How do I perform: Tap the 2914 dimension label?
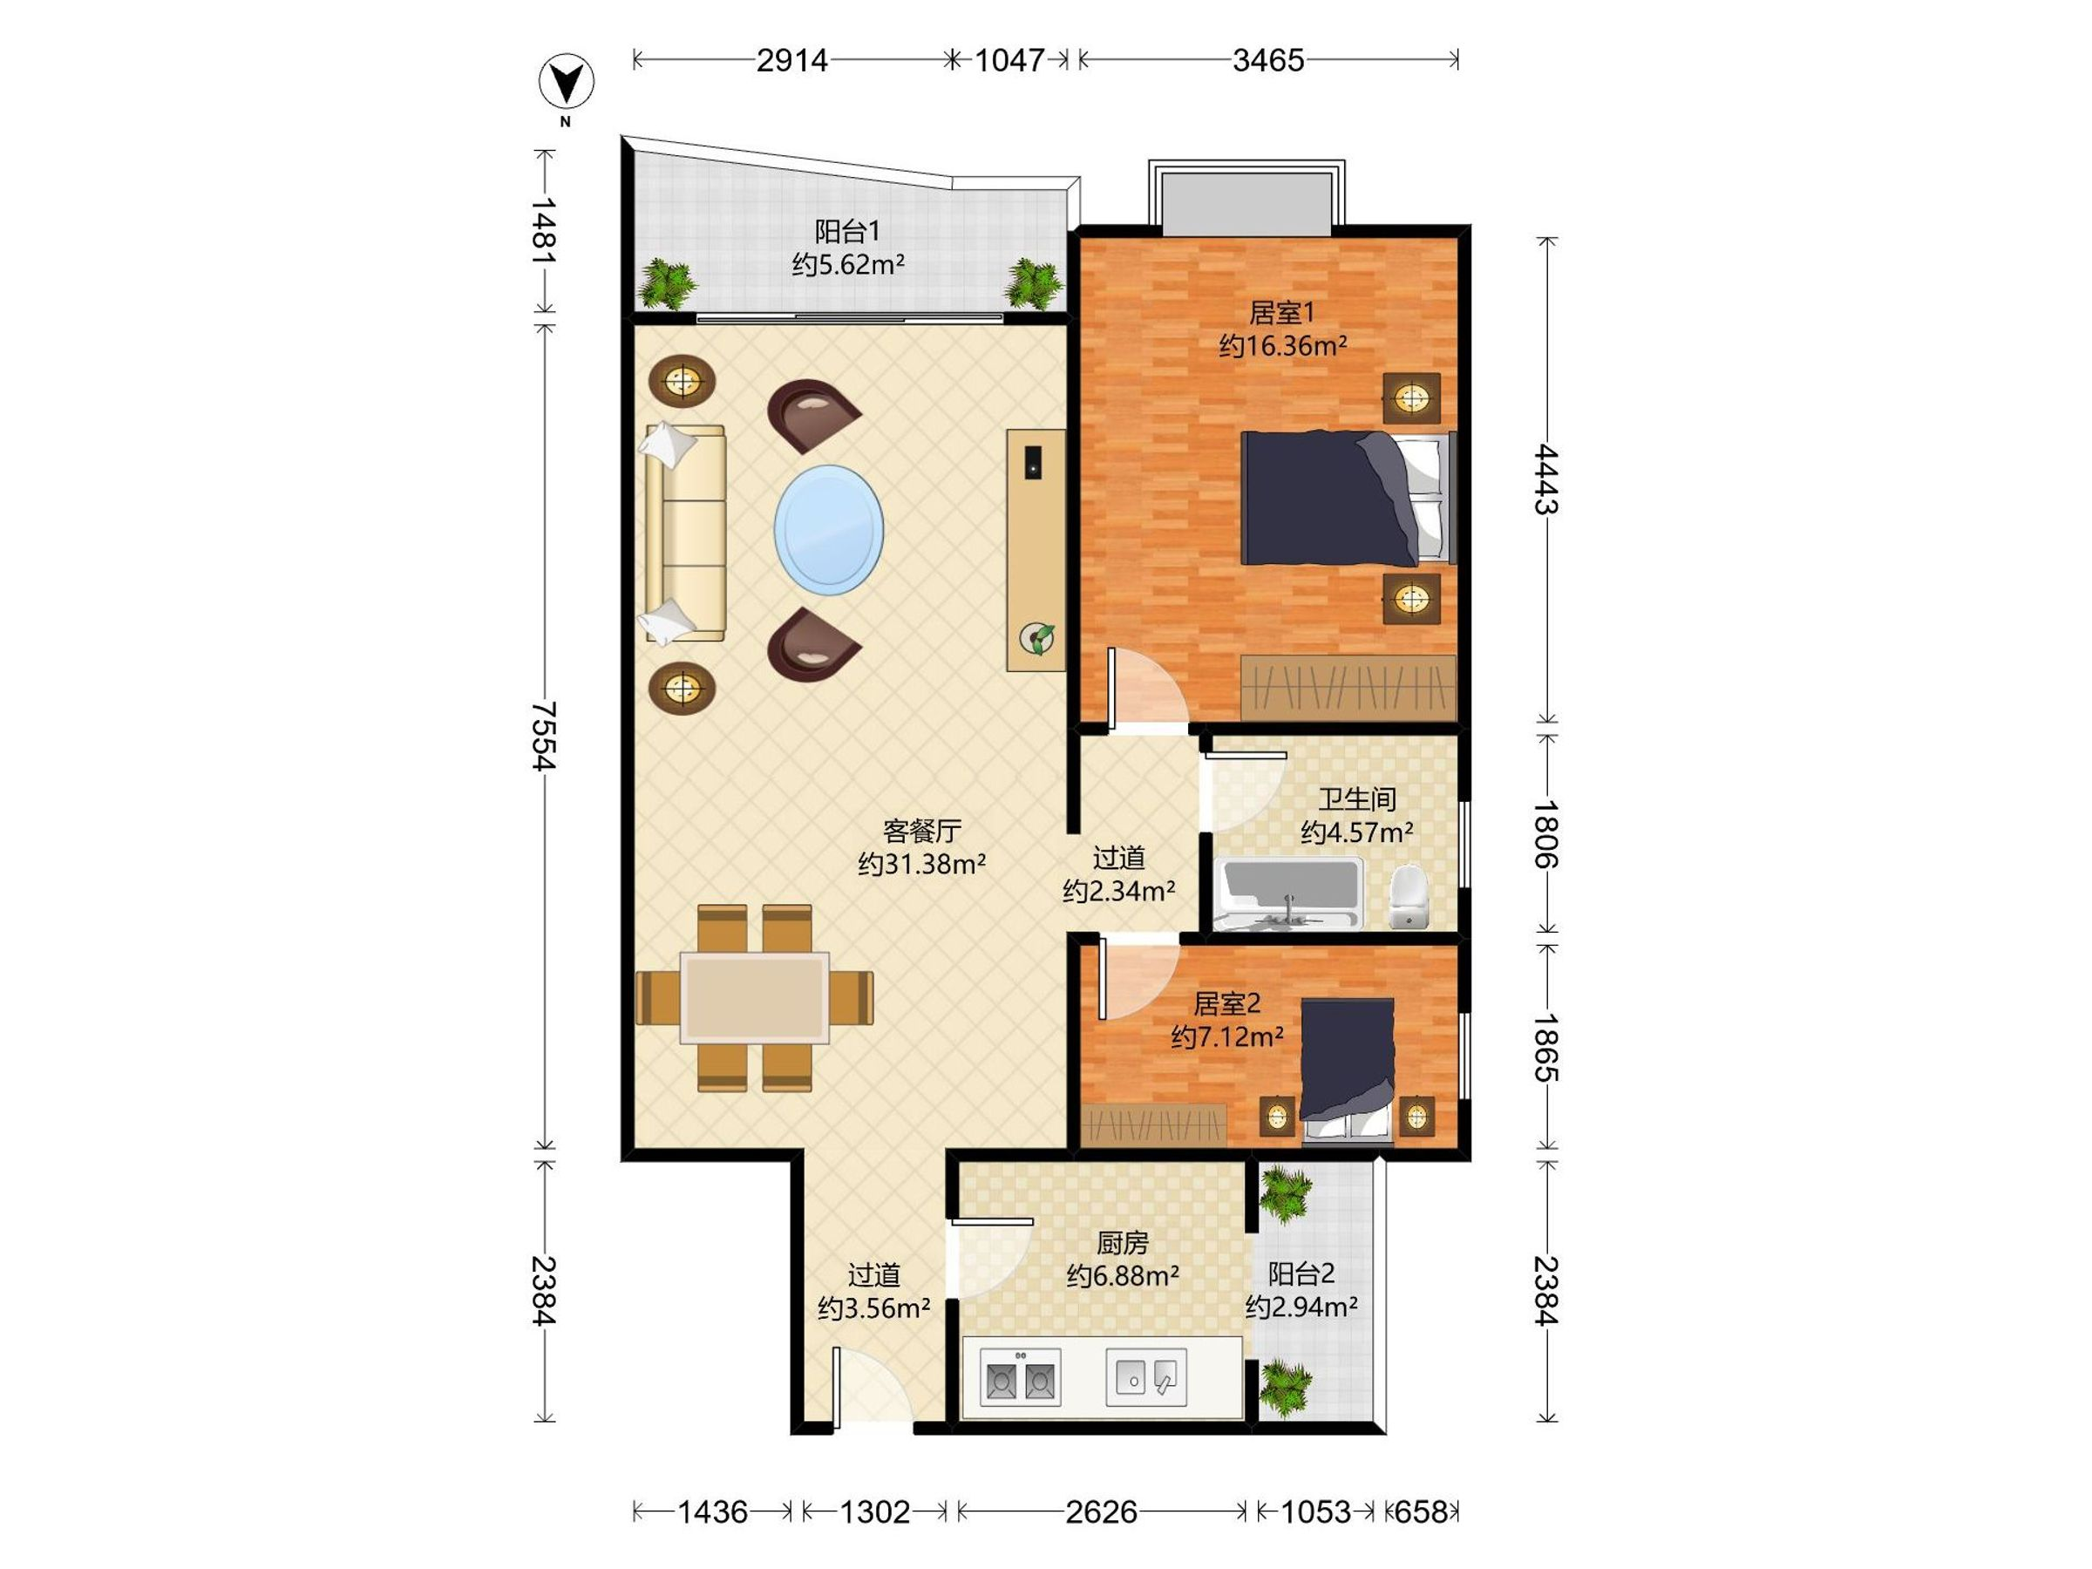[791, 60]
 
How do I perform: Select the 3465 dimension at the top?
[1268, 60]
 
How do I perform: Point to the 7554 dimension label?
[544, 736]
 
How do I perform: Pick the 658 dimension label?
[1422, 1512]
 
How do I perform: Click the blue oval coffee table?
[830, 530]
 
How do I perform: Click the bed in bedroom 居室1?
[1347, 498]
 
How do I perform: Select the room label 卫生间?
[1357, 799]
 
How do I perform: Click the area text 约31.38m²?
[922, 864]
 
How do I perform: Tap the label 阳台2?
[1301, 1274]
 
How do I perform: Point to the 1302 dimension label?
[875, 1512]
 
